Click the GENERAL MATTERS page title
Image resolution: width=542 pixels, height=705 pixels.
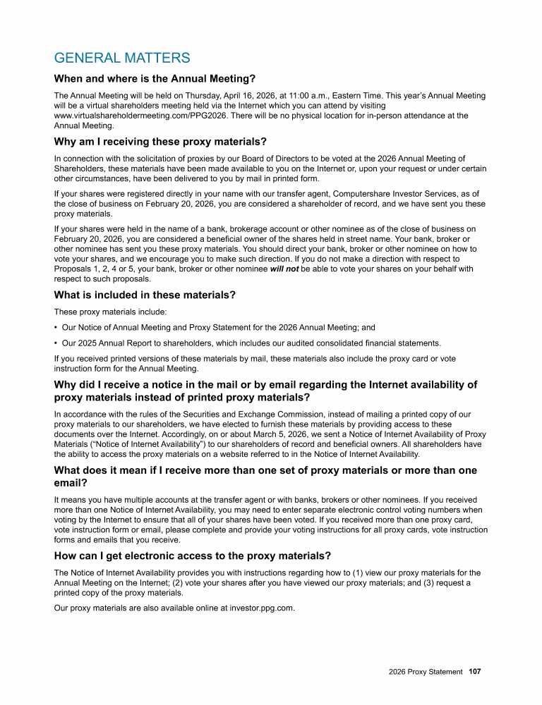[122, 58]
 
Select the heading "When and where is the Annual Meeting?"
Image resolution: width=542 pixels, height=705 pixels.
[155, 78]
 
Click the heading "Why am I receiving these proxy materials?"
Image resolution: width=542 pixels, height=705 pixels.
[160, 141]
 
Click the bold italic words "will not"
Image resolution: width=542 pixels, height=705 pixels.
[284, 269]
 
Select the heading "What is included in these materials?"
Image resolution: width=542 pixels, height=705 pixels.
[145, 295]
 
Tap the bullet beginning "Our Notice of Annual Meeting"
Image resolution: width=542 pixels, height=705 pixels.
[218, 327]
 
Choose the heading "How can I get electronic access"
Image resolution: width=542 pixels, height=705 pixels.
[193, 556]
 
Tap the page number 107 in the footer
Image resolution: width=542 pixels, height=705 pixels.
[474, 672]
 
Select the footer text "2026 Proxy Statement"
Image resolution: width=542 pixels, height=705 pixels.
[426, 672]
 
